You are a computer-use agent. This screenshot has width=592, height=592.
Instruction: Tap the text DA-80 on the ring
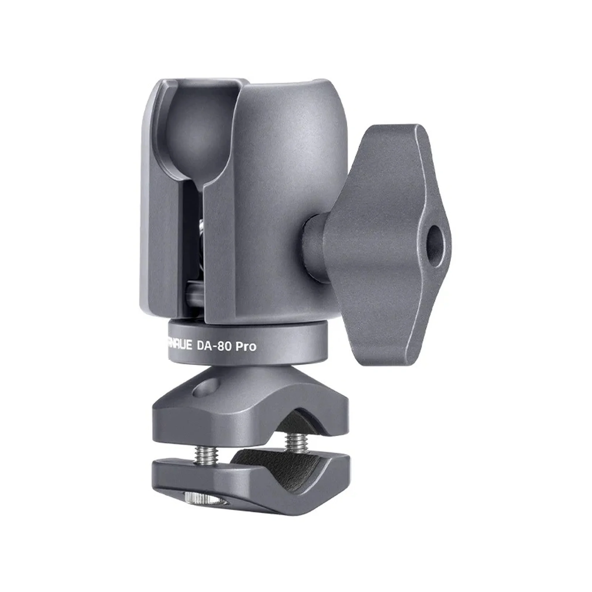point(214,346)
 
